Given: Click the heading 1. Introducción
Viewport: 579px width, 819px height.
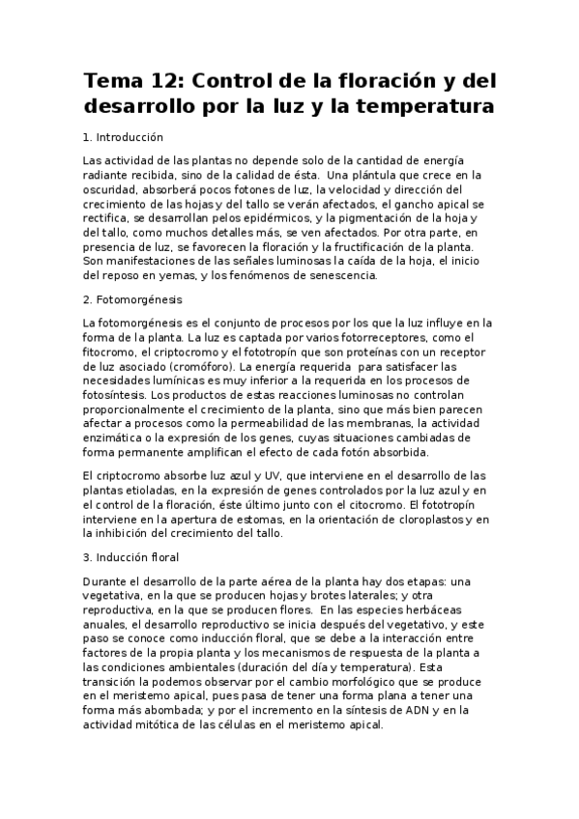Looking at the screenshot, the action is coord(124,137).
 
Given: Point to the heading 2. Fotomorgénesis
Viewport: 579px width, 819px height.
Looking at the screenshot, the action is coord(132,300).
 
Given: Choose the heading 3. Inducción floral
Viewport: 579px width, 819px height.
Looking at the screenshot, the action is coord(131,557).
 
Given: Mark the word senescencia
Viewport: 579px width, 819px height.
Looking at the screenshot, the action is coord(343,276).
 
